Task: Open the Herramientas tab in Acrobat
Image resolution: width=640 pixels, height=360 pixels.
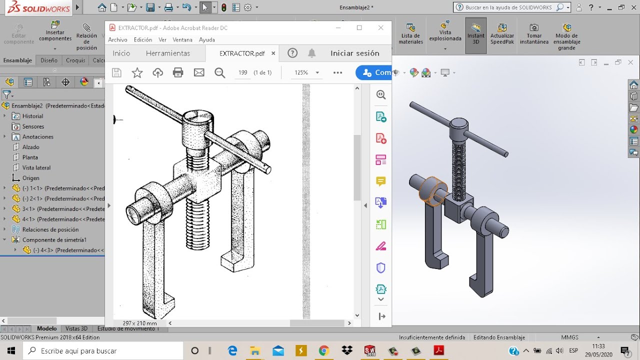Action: [167, 53]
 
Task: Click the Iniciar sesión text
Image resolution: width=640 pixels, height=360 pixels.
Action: [354, 53]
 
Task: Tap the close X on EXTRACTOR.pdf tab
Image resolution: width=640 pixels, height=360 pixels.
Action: [273, 53]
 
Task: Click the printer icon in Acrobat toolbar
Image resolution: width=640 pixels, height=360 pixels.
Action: [178, 72]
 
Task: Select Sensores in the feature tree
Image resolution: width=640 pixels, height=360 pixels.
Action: [33, 126]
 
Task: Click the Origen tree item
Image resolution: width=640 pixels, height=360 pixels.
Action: [30, 178]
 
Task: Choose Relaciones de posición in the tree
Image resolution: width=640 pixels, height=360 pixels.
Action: [50, 229]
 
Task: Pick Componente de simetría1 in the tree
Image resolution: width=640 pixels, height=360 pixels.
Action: [54, 240]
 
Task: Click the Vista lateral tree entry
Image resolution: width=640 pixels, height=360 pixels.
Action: [36, 167]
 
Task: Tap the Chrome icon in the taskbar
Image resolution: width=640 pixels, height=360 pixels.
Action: [323, 350]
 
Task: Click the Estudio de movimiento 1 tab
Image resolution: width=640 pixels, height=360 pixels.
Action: [128, 328]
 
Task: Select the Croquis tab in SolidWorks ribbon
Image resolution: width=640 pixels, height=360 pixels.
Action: [75, 60]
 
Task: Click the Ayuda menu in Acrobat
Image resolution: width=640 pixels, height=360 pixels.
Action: [206, 39]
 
